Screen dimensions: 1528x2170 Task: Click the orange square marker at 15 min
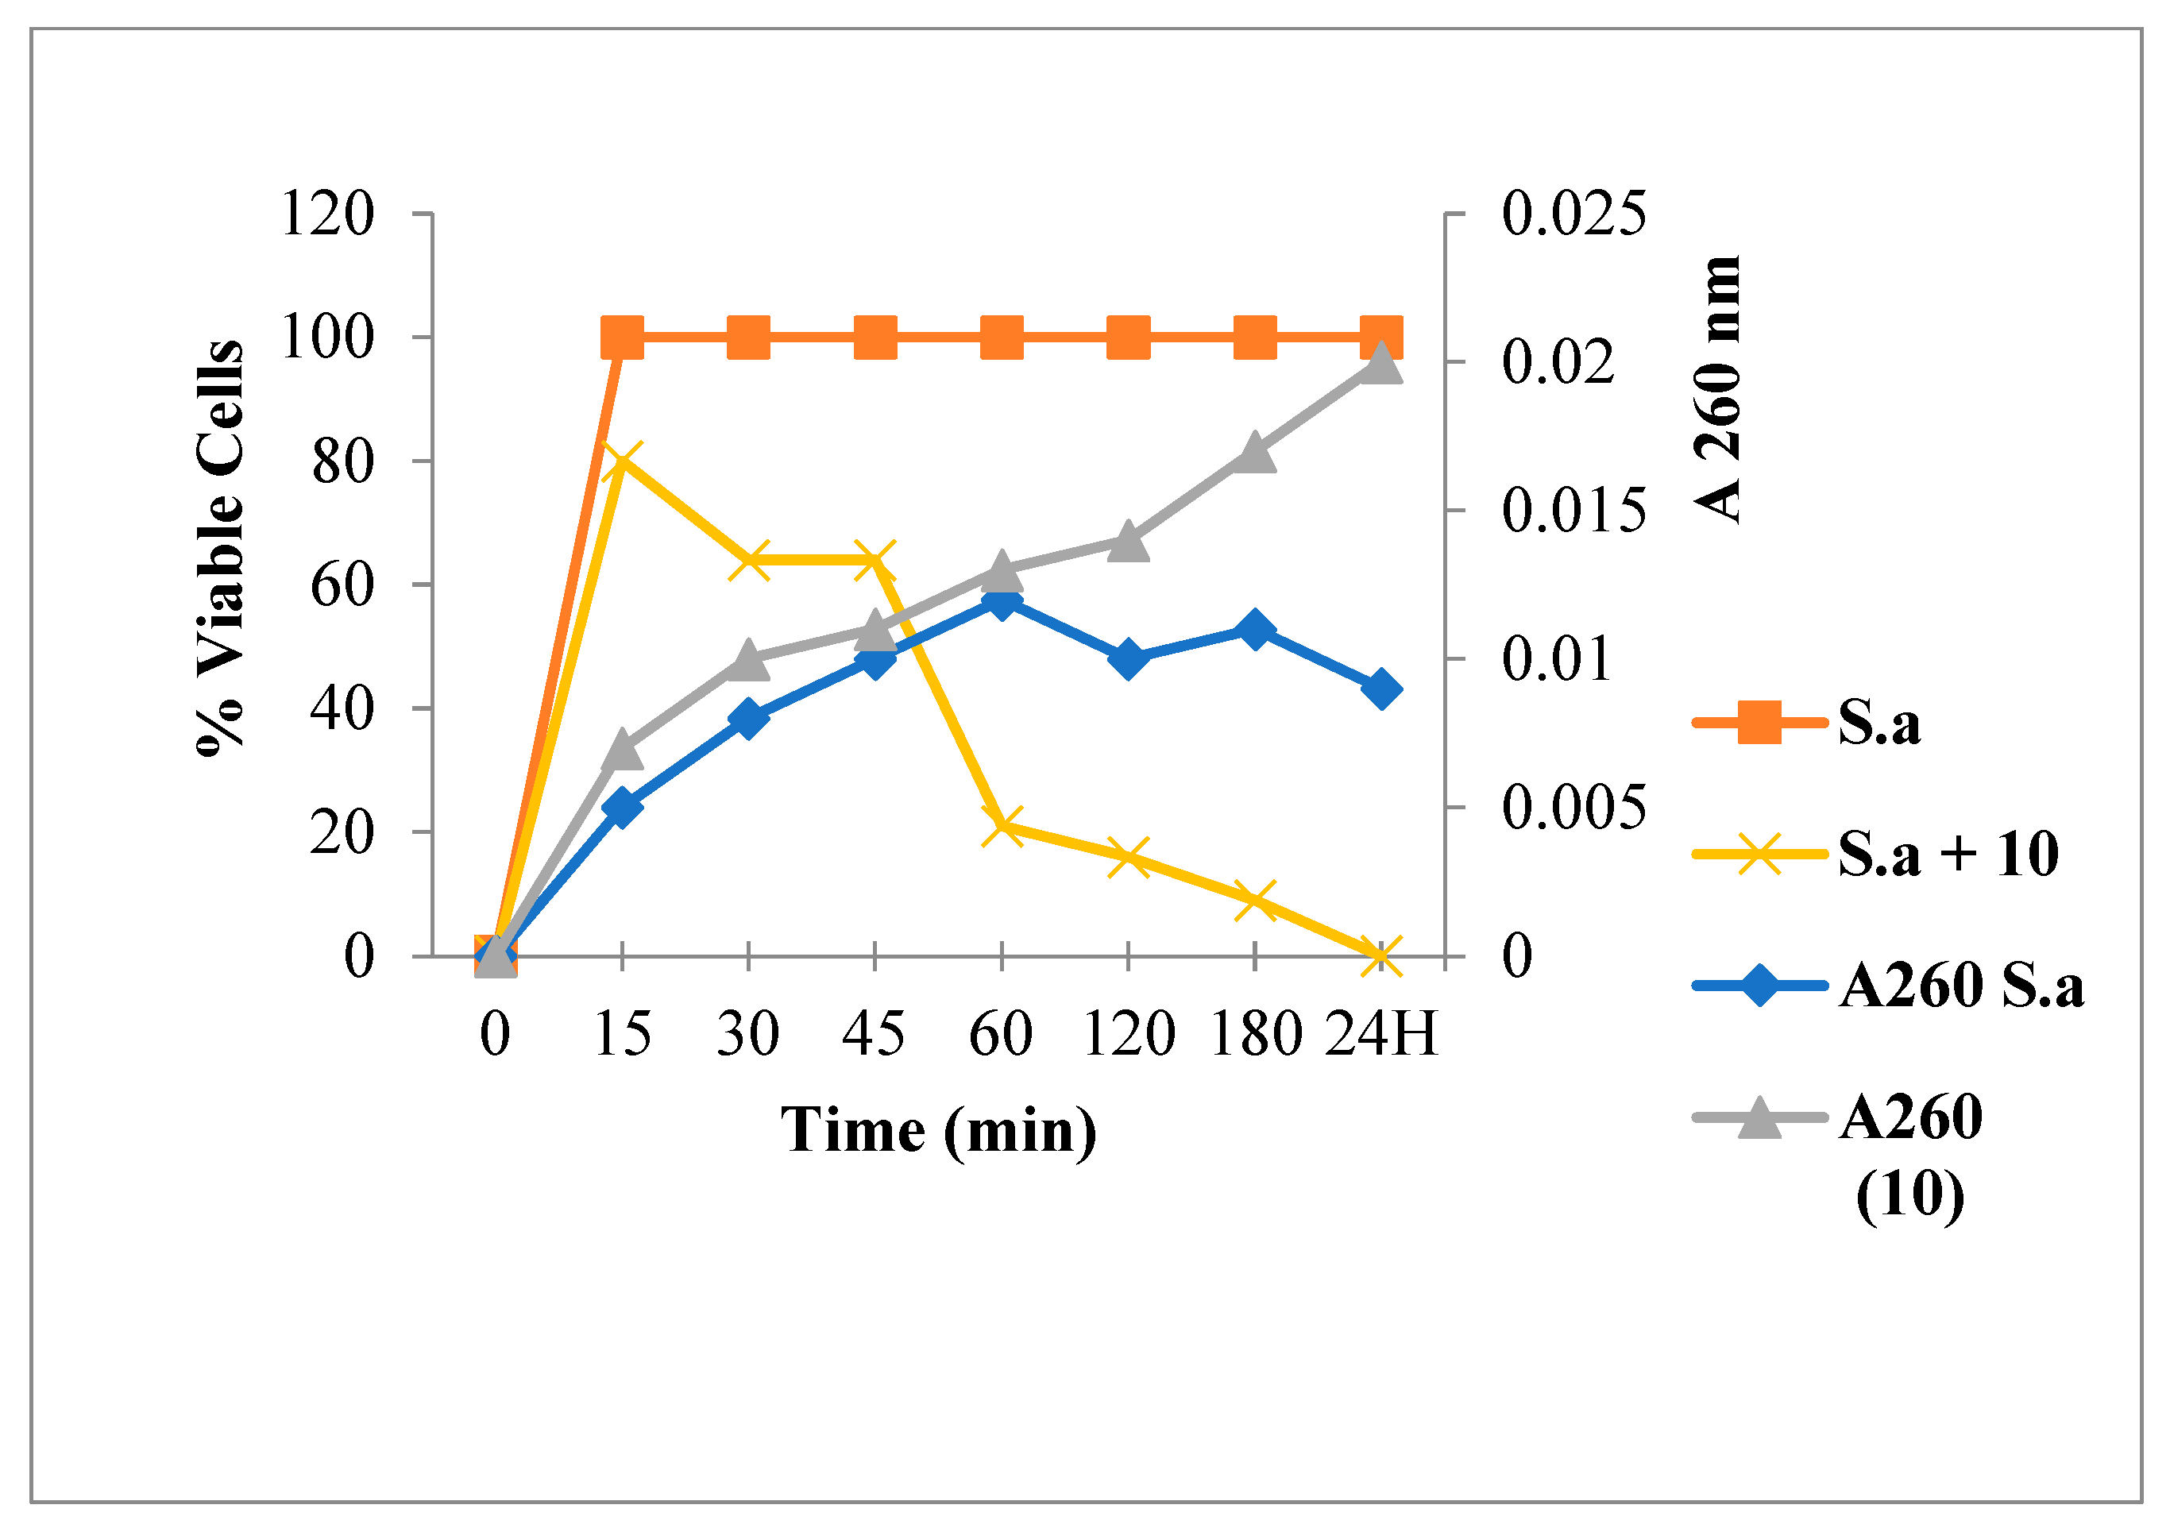click(622, 338)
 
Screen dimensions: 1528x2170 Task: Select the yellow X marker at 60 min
click(1002, 825)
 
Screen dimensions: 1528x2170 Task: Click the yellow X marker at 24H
click(1380, 956)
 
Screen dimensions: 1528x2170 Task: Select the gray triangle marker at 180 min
click(1255, 453)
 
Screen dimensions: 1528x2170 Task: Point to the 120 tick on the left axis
click(328, 214)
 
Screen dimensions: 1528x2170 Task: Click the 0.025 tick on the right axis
click(1573, 214)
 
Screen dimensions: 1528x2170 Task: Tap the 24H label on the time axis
click(1380, 1034)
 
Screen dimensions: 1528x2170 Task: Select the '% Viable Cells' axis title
click(220, 549)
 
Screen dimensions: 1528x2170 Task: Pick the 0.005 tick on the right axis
click(1573, 808)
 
